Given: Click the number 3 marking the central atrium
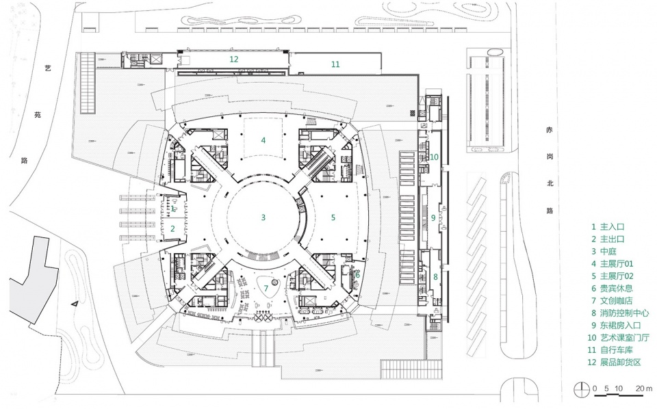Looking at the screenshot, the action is tap(263, 217).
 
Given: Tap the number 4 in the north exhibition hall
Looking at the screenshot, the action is tap(263, 140).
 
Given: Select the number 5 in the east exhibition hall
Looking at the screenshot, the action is tap(333, 217).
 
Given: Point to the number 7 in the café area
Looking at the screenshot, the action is tap(266, 289).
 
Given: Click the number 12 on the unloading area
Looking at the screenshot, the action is tap(234, 59).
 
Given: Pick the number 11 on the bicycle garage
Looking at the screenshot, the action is tap(335, 64).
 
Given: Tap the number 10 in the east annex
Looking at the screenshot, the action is tap(434, 157).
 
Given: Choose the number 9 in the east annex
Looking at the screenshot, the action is tap(433, 217).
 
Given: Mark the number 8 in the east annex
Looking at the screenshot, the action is tap(435, 277).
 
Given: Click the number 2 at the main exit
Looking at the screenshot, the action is tap(172, 228).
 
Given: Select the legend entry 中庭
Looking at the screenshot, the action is tap(608, 252).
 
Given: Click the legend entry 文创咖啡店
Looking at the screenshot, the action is tap(617, 300).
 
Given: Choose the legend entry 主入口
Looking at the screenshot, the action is tap(612, 227).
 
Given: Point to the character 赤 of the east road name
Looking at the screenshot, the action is tap(550, 130).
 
